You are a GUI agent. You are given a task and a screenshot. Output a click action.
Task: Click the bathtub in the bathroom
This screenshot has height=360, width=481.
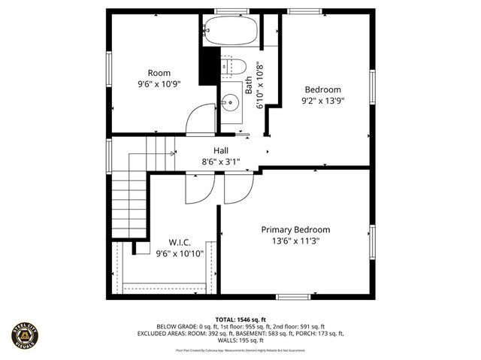coord(231,31)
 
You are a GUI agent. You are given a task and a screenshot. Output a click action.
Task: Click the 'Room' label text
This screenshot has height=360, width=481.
coord(159,73)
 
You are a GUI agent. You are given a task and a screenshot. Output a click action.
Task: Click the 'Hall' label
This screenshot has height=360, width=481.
coord(220,150)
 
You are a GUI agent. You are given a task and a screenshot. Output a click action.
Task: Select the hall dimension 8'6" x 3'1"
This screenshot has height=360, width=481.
coord(220,162)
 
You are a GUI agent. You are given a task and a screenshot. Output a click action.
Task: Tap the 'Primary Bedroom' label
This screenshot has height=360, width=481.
coord(295,229)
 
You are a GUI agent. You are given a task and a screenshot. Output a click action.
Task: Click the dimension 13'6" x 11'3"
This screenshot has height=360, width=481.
coord(295,241)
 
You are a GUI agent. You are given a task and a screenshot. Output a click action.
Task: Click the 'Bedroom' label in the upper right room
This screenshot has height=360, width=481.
coord(322,89)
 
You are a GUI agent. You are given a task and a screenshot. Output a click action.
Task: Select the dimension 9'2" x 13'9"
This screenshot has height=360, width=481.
coord(322,100)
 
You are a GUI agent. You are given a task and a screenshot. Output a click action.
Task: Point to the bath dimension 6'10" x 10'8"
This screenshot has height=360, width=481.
coord(261,86)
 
